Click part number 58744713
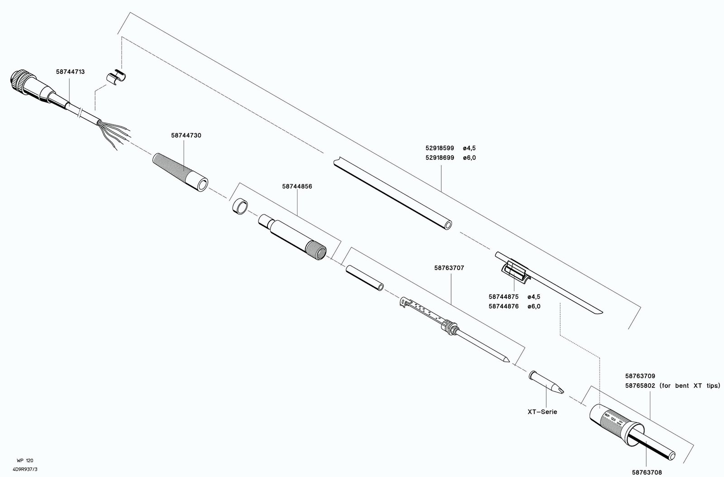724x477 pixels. click(x=71, y=72)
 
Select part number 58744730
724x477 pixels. click(x=186, y=135)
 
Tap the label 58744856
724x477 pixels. click(x=297, y=186)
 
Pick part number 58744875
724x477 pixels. click(x=503, y=297)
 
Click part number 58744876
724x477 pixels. click(x=503, y=306)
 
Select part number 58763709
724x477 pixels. click(x=640, y=376)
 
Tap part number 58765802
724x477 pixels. click(x=640, y=385)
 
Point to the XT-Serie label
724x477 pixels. click(x=542, y=412)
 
